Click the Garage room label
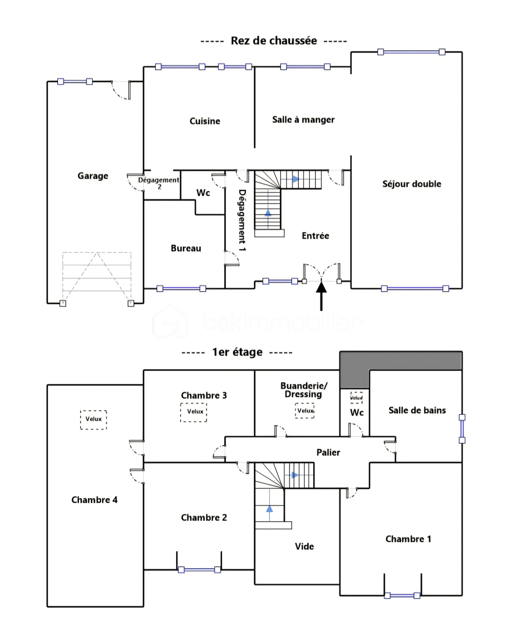pyautogui.click(x=93, y=176)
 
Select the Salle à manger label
pyautogui.click(x=303, y=120)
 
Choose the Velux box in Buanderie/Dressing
pyautogui.click(x=305, y=411)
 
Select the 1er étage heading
pyautogui.click(x=237, y=352)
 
